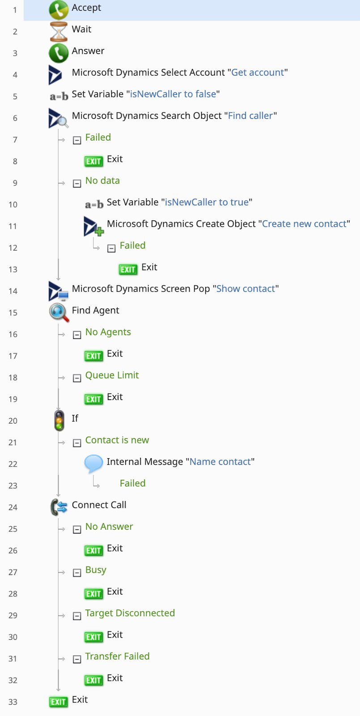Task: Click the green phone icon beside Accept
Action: (59, 10)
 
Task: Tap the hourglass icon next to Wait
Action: (59, 31)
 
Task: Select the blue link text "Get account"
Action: (258, 72)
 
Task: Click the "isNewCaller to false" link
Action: (173, 94)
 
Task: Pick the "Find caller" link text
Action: (250, 115)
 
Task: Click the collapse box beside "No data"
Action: (77, 183)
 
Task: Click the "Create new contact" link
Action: (304, 224)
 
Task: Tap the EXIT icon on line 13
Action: (128, 269)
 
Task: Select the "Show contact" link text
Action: (246, 289)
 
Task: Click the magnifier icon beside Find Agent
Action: (59, 312)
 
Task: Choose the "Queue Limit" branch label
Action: (112, 375)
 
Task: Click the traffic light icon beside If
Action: (59, 421)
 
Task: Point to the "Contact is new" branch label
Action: (117, 440)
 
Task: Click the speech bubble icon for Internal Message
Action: (93, 464)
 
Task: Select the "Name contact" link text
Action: (220, 462)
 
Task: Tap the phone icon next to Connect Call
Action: (59, 507)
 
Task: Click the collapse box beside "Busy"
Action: (77, 573)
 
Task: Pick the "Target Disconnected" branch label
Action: (130, 613)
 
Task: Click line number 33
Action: (13, 702)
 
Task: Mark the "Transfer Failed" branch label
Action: (117, 656)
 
